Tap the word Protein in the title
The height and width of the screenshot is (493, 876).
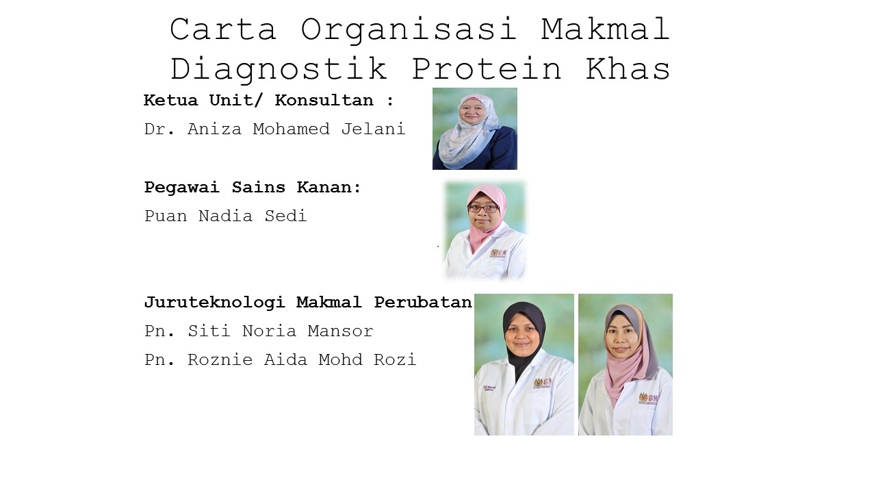point(487,68)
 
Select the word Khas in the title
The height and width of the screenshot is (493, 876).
point(628,68)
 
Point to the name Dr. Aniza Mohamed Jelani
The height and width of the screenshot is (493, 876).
point(274,129)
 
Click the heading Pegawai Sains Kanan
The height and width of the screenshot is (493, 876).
point(253,188)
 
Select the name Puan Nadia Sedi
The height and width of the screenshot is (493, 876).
point(226,216)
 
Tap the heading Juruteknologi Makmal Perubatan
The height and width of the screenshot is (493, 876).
point(308,303)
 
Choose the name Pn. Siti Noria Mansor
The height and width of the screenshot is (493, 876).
point(259,331)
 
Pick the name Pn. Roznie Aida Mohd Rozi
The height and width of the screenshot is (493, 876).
point(280,359)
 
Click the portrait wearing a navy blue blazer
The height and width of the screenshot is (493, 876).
point(475,129)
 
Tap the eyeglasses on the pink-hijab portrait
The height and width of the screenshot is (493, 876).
point(483,208)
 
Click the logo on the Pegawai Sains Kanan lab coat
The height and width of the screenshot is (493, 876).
point(499,253)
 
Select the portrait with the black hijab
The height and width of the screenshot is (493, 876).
point(524,365)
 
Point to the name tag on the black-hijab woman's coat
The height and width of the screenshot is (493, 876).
point(489,388)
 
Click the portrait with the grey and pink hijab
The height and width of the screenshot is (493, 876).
point(626,365)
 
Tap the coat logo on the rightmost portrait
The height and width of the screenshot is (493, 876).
point(648,398)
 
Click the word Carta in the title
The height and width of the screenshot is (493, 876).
point(223,29)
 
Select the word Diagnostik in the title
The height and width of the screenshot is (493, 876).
point(279,69)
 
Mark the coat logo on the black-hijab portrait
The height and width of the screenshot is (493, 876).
point(543,382)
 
